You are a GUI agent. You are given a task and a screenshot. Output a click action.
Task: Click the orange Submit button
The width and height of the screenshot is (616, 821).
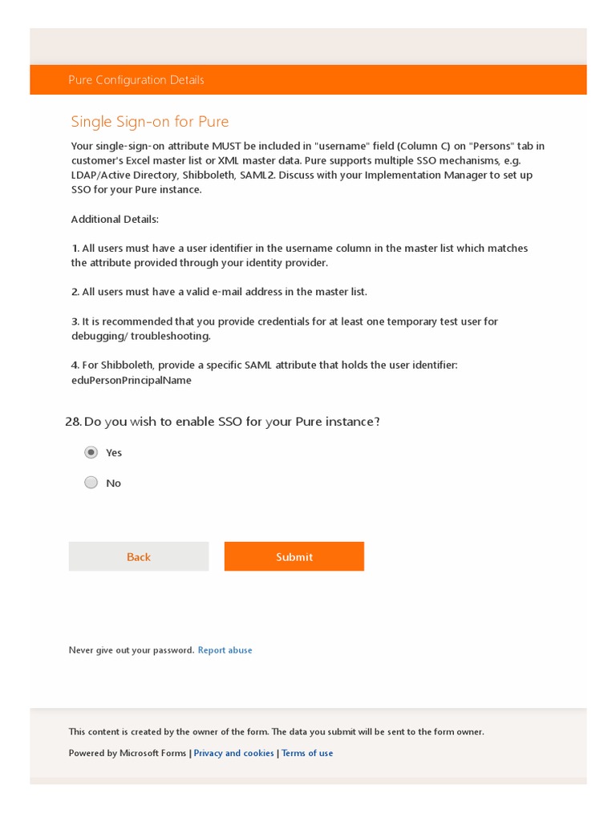(x=294, y=556)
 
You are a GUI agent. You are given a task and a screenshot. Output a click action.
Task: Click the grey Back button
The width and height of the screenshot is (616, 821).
(x=138, y=556)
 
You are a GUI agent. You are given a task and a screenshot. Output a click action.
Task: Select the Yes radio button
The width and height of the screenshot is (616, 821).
(x=91, y=452)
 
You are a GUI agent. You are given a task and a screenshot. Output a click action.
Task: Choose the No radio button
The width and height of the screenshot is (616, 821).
(x=91, y=483)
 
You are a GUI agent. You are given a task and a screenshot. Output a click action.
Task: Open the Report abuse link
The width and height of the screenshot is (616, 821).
(x=225, y=650)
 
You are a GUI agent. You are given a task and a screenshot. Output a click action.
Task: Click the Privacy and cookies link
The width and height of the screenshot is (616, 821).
(x=233, y=753)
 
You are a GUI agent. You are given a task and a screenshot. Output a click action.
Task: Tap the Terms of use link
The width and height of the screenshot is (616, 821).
(x=307, y=753)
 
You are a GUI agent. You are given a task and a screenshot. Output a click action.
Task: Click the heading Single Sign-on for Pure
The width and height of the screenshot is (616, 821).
(x=150, y=122)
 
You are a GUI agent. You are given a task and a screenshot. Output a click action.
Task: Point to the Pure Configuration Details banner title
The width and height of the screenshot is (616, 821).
(x=136, y=80)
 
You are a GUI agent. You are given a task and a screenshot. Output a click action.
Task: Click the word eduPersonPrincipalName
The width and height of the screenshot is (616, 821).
(x=132, y=380)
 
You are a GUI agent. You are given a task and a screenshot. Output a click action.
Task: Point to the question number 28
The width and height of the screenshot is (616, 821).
(x=72, y=422)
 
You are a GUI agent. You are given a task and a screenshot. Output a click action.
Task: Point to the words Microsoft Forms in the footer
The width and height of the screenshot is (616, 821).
(x=153, y=753)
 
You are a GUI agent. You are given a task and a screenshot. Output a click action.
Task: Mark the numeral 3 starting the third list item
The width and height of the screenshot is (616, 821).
(x=75, y=322)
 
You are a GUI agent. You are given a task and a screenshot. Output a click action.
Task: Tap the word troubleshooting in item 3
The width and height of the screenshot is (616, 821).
(x=171, y=336)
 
